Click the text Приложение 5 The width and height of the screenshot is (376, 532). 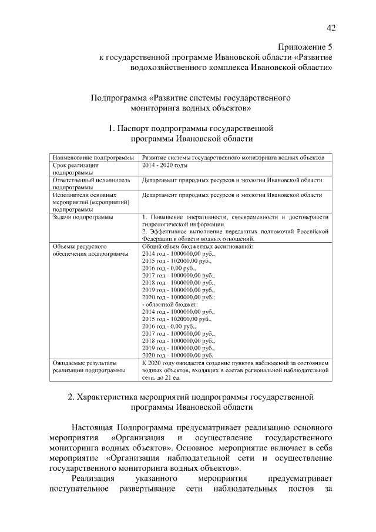[x=305, y=46]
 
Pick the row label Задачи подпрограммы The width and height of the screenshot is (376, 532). [x=83, y=217]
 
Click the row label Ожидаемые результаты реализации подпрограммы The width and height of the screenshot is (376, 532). [x=88, y=367]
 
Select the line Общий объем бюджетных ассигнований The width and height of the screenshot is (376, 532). [x=197, y=246]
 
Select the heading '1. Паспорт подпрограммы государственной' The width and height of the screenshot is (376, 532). [x=192, y=128]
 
